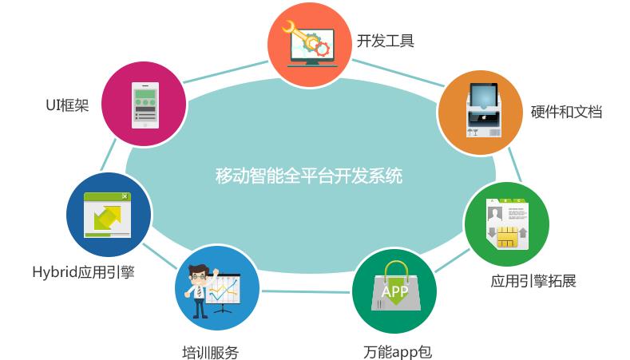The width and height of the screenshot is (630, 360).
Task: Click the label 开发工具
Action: (x=386, y=41)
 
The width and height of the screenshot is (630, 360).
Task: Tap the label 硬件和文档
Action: (x=566, y=112)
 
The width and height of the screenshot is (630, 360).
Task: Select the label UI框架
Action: (x=67, y=105)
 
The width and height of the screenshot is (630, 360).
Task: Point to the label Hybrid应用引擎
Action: (x=83, y=272)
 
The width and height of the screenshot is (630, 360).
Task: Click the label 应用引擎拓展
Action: (x=533, y=281)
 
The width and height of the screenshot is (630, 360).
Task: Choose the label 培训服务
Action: (x=210, y=352)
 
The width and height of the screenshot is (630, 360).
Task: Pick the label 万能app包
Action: (x=398, y=352)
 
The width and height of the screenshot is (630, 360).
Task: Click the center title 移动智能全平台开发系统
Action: (x=309, y=176)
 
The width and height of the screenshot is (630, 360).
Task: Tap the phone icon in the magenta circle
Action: (x=145, y=105)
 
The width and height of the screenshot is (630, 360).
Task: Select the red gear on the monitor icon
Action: (x=322, y=49)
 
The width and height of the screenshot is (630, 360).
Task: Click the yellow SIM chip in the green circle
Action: (x=508, y=236)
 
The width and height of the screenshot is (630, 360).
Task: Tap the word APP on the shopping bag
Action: (x=394, y=291)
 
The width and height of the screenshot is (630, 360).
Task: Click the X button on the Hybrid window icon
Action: (x=125, y=196)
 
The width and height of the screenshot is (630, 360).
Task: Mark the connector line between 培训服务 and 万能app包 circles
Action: (x=305, y=291)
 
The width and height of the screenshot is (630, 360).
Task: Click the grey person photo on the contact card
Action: (x=494, y=213)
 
